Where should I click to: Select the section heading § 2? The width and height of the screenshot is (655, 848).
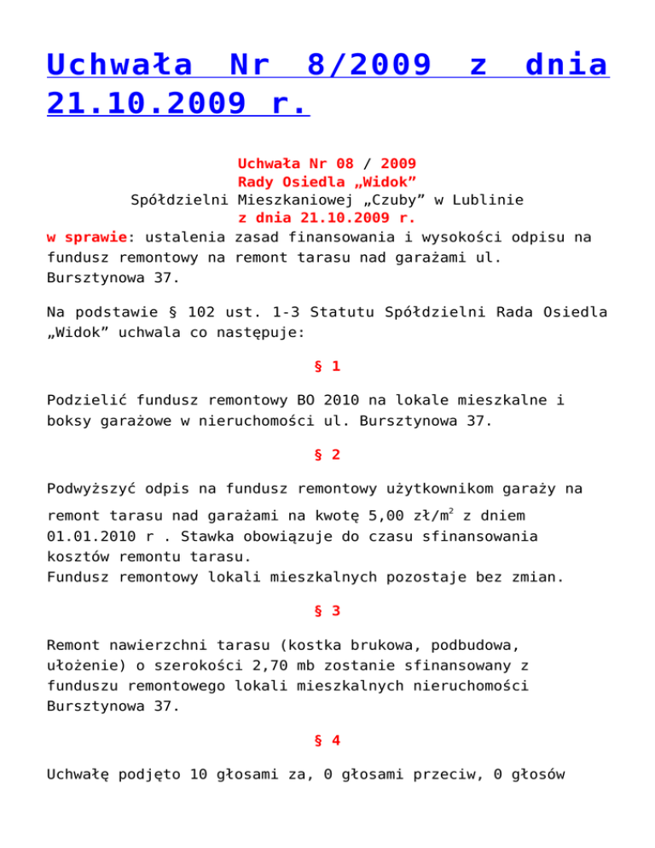tap(327, 455)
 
